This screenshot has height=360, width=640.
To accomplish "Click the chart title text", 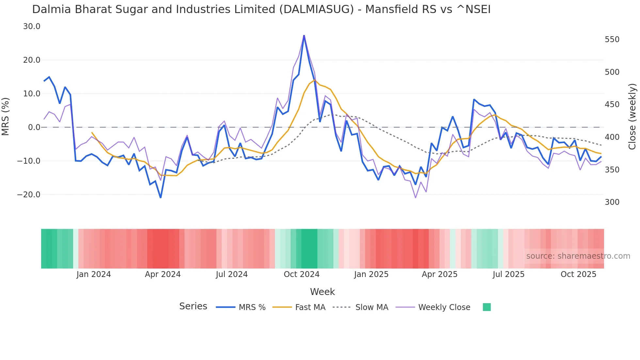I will click(x=261, y=9).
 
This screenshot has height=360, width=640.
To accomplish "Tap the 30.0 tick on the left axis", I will click(x=32, y=26).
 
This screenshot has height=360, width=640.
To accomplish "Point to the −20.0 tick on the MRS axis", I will click(x=29, y=195).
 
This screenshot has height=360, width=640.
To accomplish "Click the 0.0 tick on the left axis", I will click(x=34, y=127).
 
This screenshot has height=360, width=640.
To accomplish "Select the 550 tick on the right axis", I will click(x=612, y=40).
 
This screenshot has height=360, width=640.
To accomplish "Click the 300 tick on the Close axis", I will click(x=612, y=202).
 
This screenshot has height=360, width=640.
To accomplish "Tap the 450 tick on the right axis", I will click(x=612, y=105).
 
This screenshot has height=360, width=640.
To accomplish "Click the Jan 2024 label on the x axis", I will click(x=94, y=274).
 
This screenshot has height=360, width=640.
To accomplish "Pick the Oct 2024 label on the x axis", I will click(x=301, y=274).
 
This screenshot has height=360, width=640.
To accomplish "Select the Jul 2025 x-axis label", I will click(x=508, y=274).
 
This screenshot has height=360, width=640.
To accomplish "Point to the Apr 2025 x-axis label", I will click(x=440, y=274).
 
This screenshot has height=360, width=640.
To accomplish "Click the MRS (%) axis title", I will click(x=6, y=116).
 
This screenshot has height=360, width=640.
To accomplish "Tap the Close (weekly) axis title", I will click(x=632, y=117).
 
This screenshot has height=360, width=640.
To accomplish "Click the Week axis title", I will click(x=322, y=292).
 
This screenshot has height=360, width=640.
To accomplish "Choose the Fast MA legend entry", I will click(x=310, y=307).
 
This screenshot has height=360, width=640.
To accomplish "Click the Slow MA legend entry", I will click(x=372, y=307).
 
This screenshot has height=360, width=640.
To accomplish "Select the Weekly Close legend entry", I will click(x=444, y=307).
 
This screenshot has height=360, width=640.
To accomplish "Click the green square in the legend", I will click(x=487, y=307).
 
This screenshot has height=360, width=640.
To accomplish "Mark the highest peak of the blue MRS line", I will click(x=304, y=36).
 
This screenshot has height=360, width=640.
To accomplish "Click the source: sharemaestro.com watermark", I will click(x=578, y=256).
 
